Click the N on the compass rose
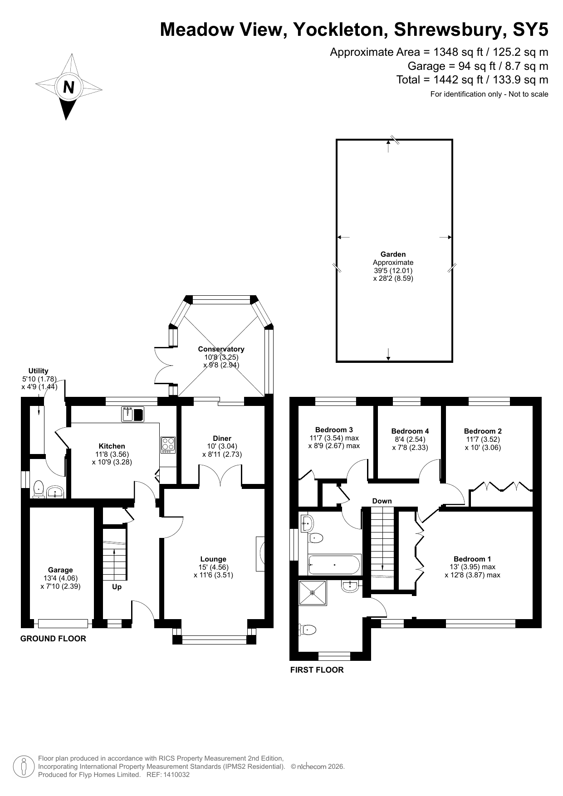coord(69,87)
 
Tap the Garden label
coord(393,254)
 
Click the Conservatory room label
coord(221,349)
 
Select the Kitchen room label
coord(112,446)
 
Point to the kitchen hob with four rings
coord(167,444)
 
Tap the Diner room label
coord(222,439)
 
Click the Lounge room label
coord(213,559)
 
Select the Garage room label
coord(60,570)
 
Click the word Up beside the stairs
coord(117,587)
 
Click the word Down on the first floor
coord(382,501)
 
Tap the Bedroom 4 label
coord(410,431)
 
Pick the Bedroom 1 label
coord(472,559)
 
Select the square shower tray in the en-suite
coord(313,592)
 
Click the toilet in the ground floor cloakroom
coord(39,489)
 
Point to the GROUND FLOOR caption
coord(53,639)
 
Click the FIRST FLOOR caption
coord(317,670)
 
